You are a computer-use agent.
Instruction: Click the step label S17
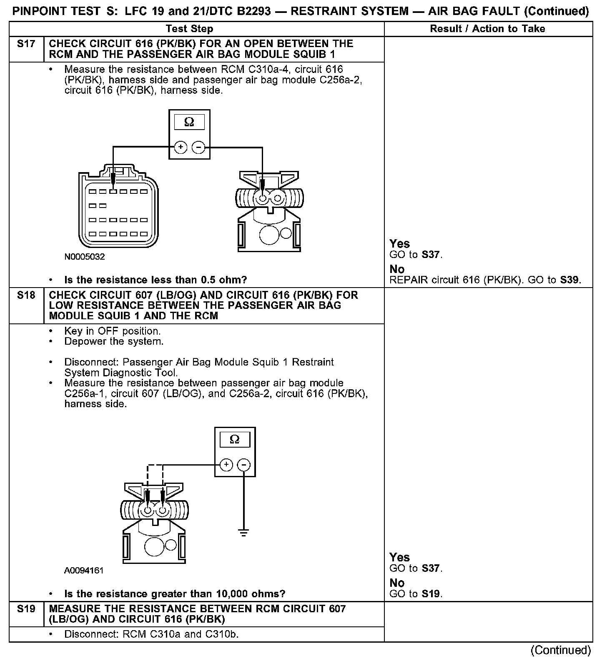[26, 44]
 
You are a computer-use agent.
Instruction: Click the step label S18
[26, 295]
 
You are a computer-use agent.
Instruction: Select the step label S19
[26, 609]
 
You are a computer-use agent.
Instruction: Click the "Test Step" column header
[189, 29]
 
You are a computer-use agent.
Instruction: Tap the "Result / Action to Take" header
[487, 29]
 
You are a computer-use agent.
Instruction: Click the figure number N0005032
[85, 257]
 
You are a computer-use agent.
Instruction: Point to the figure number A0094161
[84, 571]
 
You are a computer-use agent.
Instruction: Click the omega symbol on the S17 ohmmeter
[189, 123]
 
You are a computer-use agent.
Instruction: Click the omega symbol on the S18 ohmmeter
[235, 440]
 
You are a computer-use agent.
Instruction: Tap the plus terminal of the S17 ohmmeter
[180, 147]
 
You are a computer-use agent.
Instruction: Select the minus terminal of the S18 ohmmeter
[244, 465]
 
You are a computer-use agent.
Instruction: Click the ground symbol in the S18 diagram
[244, 532]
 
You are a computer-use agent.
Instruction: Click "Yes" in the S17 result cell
[399, 244]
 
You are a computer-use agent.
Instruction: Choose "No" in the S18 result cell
[397, 583]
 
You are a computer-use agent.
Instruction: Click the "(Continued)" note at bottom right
[560, 650]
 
